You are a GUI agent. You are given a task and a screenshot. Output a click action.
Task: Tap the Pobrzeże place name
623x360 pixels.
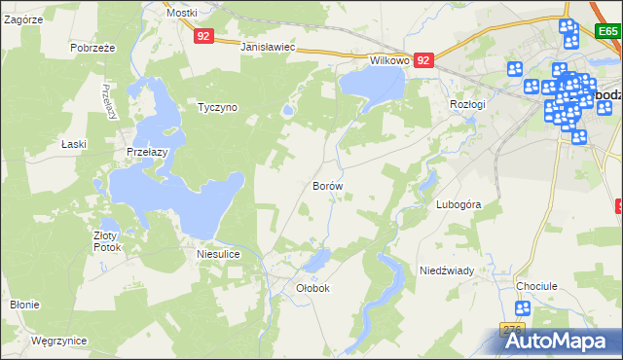click(93, 48)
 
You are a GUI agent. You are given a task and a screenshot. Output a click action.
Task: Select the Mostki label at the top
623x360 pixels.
click(181, 13)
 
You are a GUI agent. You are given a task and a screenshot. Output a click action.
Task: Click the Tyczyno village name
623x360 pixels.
click(217, 107)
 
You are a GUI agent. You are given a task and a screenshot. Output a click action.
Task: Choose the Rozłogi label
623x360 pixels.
click(467, 104)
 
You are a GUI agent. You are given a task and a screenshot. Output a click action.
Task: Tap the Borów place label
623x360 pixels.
click(327, 184)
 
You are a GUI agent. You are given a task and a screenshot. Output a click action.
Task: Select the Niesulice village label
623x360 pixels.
click(218, 255)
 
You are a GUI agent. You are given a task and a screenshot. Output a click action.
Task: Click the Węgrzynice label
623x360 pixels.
click(58, 342)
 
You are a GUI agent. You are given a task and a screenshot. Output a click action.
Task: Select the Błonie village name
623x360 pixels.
click(24, 305)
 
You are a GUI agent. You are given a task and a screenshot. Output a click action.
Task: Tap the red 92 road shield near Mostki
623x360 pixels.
click(202, 36)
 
